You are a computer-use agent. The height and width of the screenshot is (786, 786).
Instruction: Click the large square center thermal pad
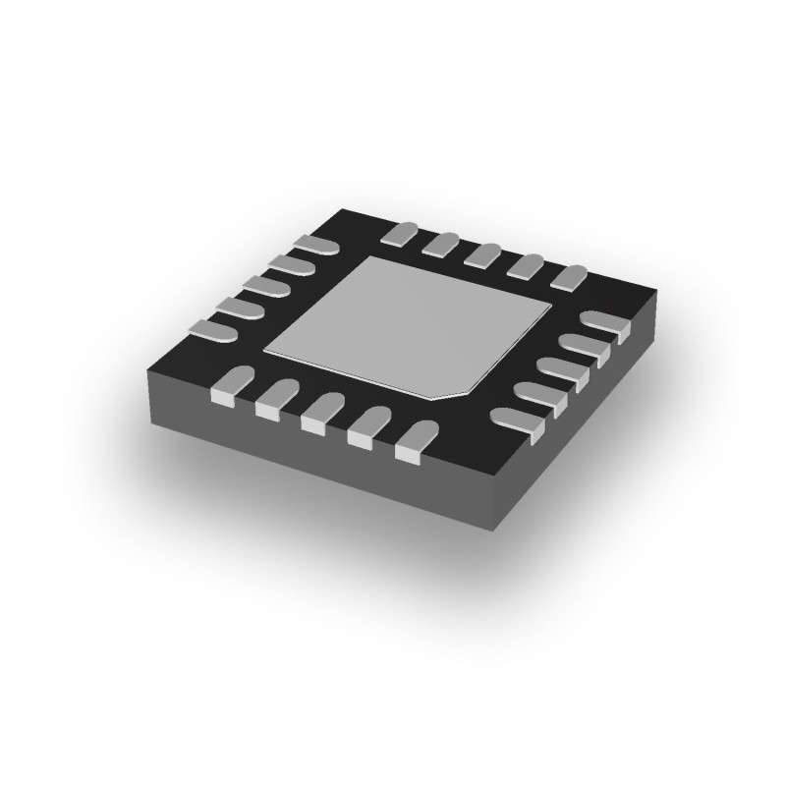point(409,323)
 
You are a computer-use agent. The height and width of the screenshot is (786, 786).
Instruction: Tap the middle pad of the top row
point(484,254)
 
